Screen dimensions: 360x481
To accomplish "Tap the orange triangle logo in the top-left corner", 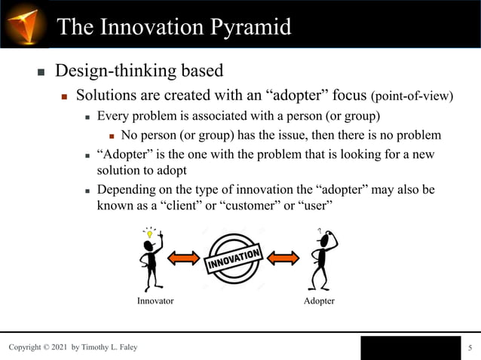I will [x=24, y=23].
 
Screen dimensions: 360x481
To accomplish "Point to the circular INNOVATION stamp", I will [x=234, y=259].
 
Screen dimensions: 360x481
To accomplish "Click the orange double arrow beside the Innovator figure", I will [x=182, y=259].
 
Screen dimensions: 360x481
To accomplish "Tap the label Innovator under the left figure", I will [x=155, y=301].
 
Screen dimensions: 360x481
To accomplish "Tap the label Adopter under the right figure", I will [x=319, y=301].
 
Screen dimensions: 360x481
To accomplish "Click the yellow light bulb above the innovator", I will [x=150, y=234].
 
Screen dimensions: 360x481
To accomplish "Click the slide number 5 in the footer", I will [x=470, y=347].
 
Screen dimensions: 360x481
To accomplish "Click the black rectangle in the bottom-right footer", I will [x=409, y=347].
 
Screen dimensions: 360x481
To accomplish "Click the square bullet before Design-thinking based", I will [x=41, y=73].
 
